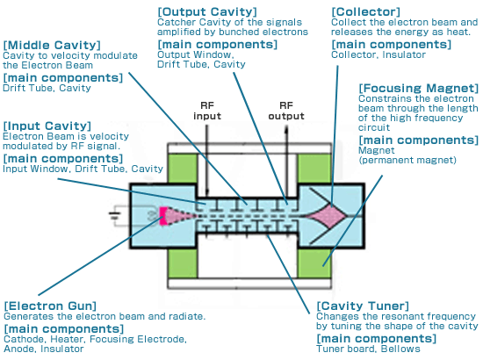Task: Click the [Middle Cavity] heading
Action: tap(52, 45)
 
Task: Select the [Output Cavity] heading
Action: tap(207, 11)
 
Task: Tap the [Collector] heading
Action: tap(365, 11)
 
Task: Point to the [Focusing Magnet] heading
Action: tap(419, 88)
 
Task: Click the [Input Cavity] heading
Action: tap(47, 126)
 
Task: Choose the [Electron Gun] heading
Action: tap(50, 306)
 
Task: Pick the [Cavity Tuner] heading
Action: tap(363, 306)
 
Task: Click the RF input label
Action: tap(207, 111)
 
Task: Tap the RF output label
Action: tap(286, 111)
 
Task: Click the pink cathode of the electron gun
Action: tap(163, 216)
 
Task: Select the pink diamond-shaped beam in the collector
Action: tap(328, 217)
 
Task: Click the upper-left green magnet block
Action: tap(183, 168)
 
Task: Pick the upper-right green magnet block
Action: tap(314, 168)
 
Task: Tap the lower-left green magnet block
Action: tap(183, 263)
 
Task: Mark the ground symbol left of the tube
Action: tap(114, 215)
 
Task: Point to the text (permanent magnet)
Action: tap(407, 160)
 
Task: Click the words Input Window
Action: tap(35, 169)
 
